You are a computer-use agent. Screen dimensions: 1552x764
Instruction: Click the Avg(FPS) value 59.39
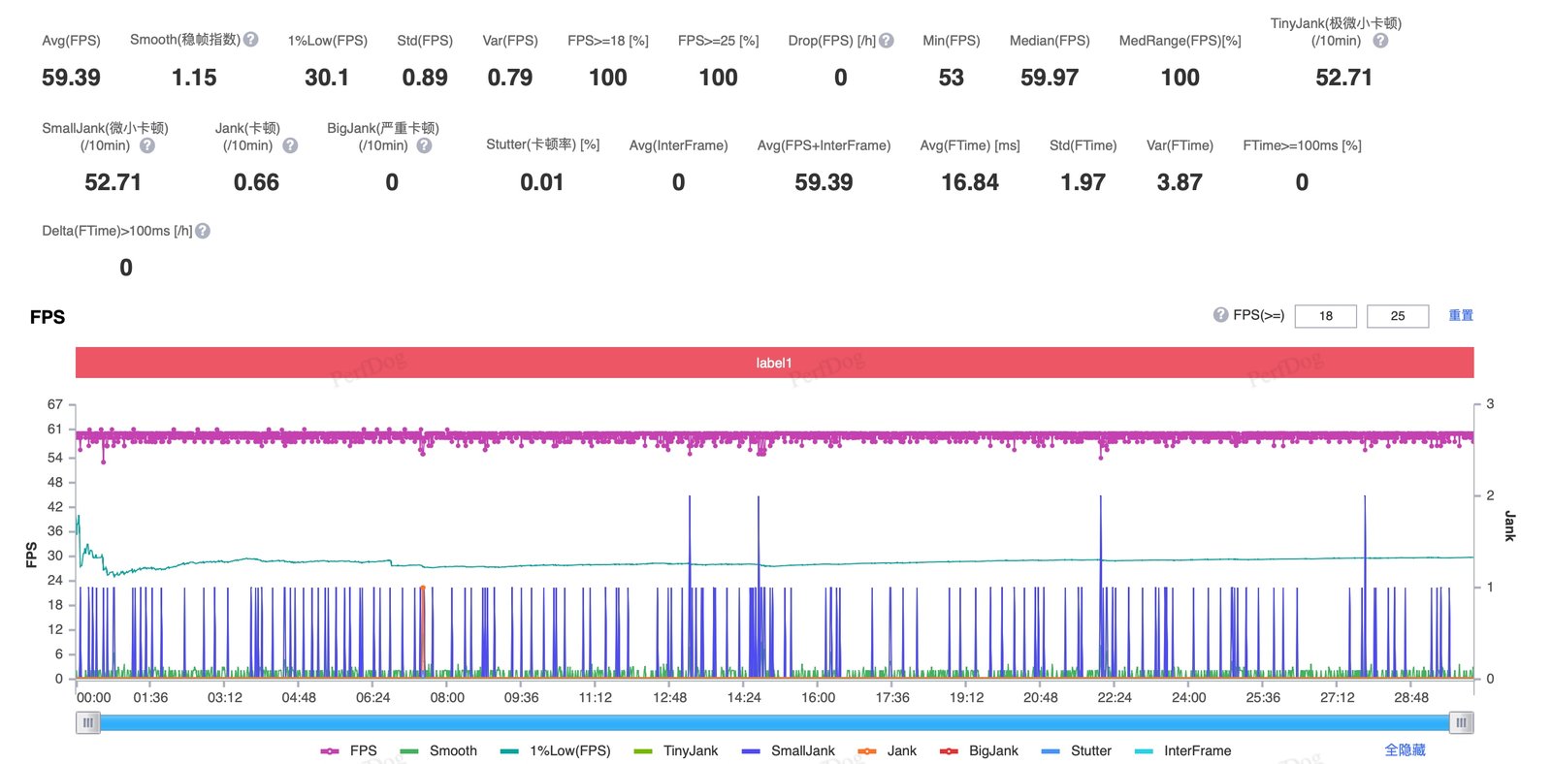71,78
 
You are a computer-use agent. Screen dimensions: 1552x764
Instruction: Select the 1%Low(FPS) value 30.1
326,78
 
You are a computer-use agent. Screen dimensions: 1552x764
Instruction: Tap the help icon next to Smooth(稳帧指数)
251,40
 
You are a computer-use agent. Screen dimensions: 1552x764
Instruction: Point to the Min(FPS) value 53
951,78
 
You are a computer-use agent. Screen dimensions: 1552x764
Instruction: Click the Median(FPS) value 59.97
1049,78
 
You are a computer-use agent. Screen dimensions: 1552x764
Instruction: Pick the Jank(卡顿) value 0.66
256,183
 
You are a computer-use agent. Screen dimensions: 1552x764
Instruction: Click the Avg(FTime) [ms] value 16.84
969,183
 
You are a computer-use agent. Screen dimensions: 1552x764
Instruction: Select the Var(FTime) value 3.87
1180,183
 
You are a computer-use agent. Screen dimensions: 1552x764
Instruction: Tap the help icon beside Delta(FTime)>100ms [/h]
203,231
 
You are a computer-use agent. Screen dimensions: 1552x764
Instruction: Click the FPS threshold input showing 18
1325,316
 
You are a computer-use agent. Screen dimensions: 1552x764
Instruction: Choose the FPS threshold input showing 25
1398,316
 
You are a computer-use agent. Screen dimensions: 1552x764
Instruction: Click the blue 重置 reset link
1461,316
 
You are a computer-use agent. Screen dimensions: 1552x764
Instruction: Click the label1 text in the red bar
774,363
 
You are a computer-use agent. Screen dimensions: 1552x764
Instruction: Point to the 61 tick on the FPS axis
54,430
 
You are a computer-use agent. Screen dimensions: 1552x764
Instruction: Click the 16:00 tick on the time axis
818,697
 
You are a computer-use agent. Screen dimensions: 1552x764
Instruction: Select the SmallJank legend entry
789,750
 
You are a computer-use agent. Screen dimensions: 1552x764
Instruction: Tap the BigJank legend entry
979,750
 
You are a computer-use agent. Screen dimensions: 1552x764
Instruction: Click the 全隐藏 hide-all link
1405,750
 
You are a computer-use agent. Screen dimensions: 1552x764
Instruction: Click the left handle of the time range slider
88,723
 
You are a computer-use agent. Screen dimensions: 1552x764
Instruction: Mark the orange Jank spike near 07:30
423,629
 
